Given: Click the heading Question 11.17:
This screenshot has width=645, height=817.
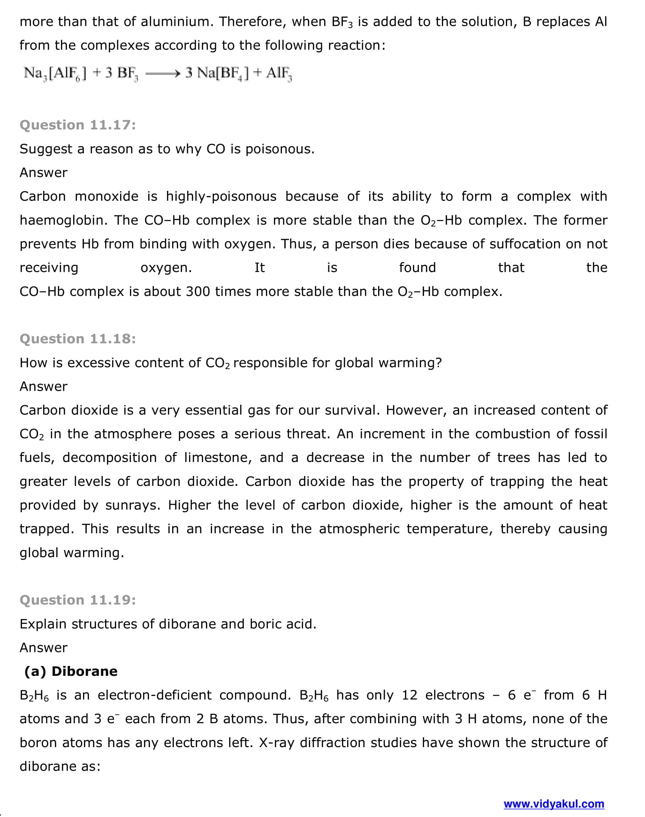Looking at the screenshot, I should [78, 125].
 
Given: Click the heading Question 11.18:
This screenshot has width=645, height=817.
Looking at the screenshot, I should [78, 339].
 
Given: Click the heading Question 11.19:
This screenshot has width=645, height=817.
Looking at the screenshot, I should [78, 600].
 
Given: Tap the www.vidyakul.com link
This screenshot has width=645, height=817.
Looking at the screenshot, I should [554, 804].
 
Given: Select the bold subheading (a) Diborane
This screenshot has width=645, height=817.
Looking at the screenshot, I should [71, 671].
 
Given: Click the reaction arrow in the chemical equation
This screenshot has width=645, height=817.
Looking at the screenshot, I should [162, 73].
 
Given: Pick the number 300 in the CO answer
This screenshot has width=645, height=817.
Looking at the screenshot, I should [197, 291].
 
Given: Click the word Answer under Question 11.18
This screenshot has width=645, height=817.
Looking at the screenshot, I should [44, 386].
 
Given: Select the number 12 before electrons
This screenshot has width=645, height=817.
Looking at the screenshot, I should [410, 695].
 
